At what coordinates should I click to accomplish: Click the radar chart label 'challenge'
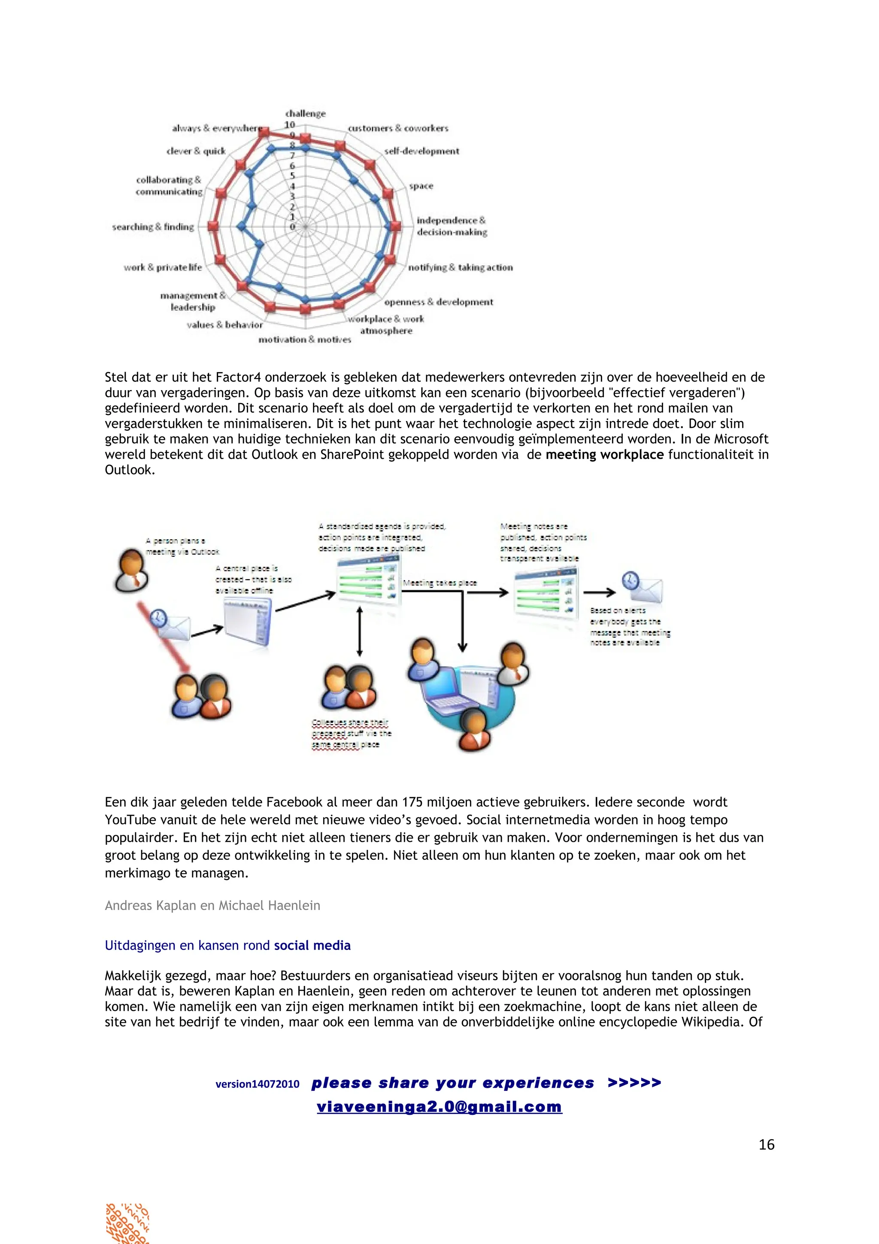click(x=306, y=113)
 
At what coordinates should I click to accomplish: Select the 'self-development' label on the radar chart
click(x=421, y=151)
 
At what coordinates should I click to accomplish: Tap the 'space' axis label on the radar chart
click(x=421, y=186)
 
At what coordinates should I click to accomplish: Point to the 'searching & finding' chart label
click(x=153, y=227)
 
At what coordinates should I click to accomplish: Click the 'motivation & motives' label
click(x=304, y=340)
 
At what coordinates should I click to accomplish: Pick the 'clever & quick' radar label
click(x=196, y=151)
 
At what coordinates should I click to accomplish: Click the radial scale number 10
click(x=290, y=124)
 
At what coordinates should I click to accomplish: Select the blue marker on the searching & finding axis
click(x=242, y=227)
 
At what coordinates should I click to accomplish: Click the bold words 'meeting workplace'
click(x=604, y=455)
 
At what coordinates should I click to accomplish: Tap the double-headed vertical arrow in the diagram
click(x=359, y=631)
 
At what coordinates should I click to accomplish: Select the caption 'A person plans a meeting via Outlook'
click(x=182, y=546)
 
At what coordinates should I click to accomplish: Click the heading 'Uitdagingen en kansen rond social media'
click(x=227, y=946)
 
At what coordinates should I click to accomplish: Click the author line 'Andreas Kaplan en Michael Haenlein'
click(x=212, y=905)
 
